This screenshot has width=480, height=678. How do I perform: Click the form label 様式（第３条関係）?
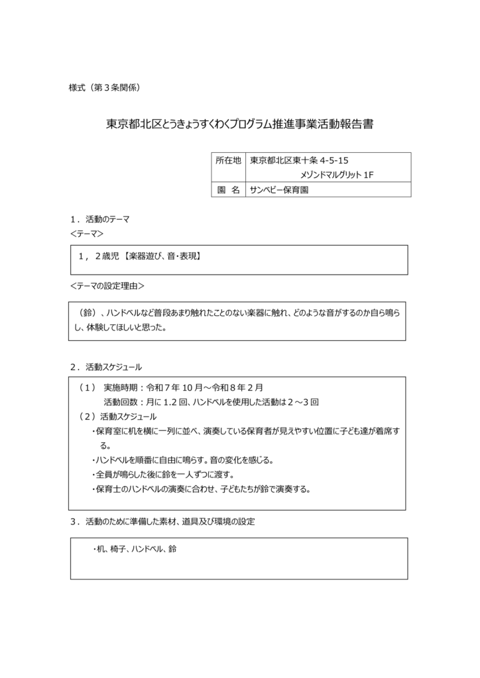[x=103, y=87]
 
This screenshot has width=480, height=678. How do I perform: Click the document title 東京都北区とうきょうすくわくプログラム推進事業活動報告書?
[x=239, y=124]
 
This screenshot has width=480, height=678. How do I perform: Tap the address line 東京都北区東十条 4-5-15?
[x=300, y=160]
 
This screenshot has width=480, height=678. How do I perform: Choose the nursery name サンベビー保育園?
[x=279, y=189]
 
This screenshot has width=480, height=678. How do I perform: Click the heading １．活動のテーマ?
[x=99, y=219]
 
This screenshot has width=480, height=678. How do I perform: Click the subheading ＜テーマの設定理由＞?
[x=107, y=286]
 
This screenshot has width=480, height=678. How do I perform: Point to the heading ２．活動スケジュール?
[x=105, y=366]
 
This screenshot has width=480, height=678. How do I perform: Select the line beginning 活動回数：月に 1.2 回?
[x=211, y=402]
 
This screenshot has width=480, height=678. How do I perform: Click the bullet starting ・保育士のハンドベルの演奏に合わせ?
[x=201, y=489]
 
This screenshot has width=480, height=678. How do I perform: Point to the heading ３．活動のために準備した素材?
[x=162, y=522]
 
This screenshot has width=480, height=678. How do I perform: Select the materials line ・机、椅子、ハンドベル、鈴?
[x=134, y=549]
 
